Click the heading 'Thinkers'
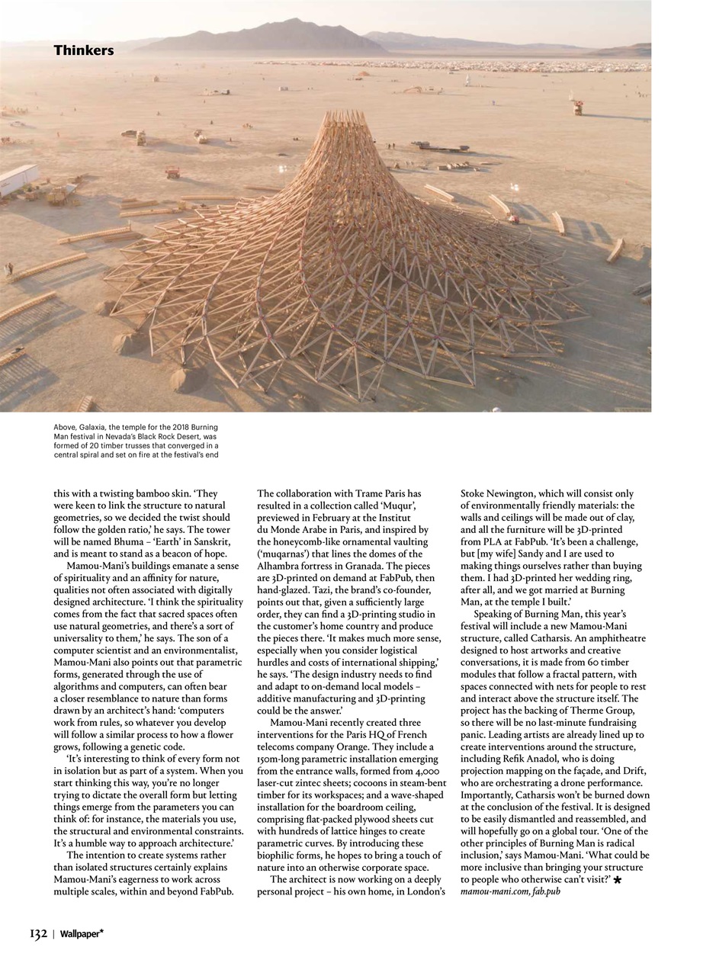pyautogui.click(x=83, y=50)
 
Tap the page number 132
pyautogui.click(x=39, y=933)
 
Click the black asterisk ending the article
pyautogui.click(x=618, y=880)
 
